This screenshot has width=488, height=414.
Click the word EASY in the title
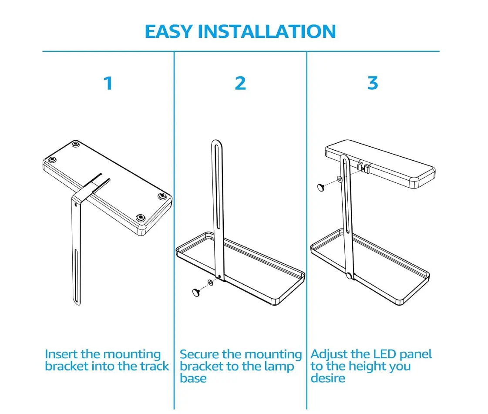pos(168,31)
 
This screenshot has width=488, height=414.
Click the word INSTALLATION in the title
pos(267,31)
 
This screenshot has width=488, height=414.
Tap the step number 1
pos(108,84)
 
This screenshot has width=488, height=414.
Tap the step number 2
pos(240,84)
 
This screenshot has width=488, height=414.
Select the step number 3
pos(373,84)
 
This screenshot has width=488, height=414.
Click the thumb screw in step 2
pos(196,293)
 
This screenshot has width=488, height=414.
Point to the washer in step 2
pos(210,283)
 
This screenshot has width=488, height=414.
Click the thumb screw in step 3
pos(320,187)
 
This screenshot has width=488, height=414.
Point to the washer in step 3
pos(340,180)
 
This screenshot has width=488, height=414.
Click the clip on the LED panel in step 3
pos(363,167)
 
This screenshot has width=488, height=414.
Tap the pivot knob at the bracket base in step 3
pos(349,276)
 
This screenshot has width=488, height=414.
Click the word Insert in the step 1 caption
pos(61,354)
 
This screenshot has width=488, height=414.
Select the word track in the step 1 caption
pos(155,367)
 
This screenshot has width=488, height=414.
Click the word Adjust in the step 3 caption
pos(329,355)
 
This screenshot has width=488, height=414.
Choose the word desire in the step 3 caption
pos(328,378)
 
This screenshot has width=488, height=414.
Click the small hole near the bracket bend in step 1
pos(76,205)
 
